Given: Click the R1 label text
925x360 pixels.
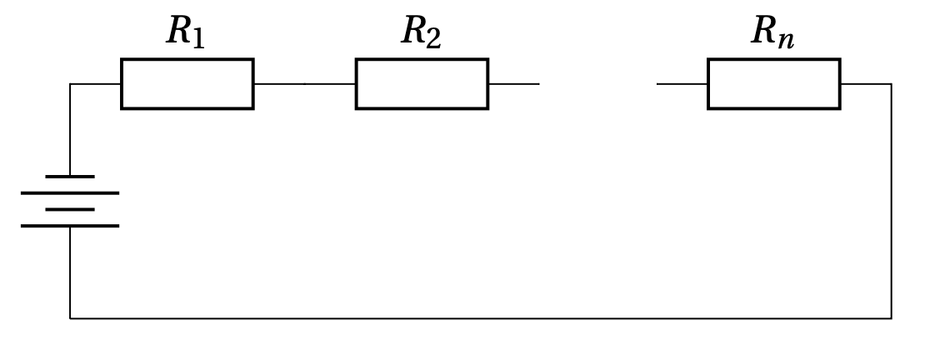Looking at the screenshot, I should (x=185, y=32).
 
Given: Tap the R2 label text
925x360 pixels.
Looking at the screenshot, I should (x=421, y=32).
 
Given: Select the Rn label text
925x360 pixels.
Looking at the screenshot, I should (x=772, y=32).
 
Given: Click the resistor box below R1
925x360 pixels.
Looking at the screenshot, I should (x=187, y=84).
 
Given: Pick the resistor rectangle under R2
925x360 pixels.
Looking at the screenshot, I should (x=422, y=84).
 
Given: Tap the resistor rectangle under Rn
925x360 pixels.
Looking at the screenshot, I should (x=773, y=84).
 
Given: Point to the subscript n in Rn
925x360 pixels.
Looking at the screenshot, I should (x=785, y=40).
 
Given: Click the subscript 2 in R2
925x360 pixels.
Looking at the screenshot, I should (x=433, y=38).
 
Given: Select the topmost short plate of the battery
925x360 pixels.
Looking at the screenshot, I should (x=70, y=177).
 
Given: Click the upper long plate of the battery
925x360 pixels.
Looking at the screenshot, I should (x=70, y=193).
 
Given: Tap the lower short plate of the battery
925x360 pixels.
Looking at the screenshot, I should (x=70, y=209).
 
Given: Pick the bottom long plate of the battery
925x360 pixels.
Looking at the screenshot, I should (x=70, y=226).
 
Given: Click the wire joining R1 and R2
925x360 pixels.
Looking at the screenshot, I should (x=304, y=84).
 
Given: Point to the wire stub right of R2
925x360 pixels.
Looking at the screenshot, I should (x=513, y=84).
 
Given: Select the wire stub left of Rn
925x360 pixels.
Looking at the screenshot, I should (x=682, y=84).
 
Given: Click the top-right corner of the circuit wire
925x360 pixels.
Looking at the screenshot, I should (x=891, y=84).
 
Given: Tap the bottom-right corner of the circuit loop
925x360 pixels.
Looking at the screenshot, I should (x=891, y=318).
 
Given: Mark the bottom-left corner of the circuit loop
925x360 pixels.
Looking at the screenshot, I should (x=70, y=318).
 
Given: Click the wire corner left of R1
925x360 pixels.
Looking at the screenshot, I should (x=70, y=84).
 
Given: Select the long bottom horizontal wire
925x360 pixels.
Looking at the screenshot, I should (x=480, y=318).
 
